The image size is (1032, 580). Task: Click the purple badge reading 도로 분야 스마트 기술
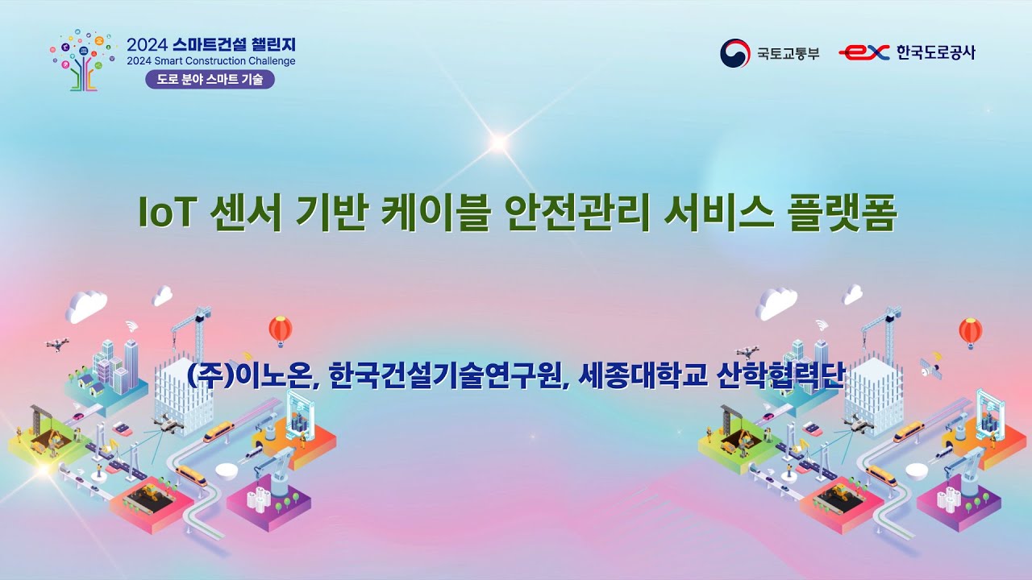click(x=210, y=80)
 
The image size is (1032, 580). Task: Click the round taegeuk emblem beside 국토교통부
click(x=734, y=53)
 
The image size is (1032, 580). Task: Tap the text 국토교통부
click(x=788, y=54)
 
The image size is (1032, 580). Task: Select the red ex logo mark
click(x=863, y=53)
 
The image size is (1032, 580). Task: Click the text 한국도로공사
click(x=935, y=53)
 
